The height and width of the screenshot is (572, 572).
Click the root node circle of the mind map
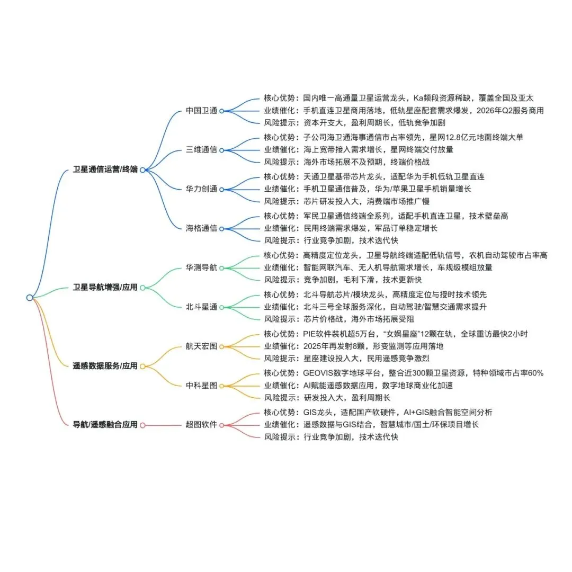[x=30, y=298]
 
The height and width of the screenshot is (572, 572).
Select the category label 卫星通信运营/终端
[x=105, y=170]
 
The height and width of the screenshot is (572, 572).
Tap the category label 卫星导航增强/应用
[x=105, y=288]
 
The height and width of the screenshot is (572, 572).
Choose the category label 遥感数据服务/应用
[x=105, y=366]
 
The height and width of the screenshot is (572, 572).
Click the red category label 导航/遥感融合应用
[x=105, y=425]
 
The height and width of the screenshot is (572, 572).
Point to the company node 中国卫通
[x=201, y=111]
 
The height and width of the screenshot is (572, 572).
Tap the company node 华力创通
[x=201, y=189]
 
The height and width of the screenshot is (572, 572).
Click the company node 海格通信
[x=201, y=228]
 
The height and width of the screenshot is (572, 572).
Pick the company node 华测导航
[x=201, y=268]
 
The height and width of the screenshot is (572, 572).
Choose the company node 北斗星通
[x=201, y=307]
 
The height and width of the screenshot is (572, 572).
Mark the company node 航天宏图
[x=201, y=346]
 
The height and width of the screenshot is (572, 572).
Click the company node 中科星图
[x=201, y=386]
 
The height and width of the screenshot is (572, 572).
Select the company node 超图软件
[x=201, y=425]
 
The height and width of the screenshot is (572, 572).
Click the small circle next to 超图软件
[x=222, y=425]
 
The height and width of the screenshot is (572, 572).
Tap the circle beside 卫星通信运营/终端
[x=142, y=170]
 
